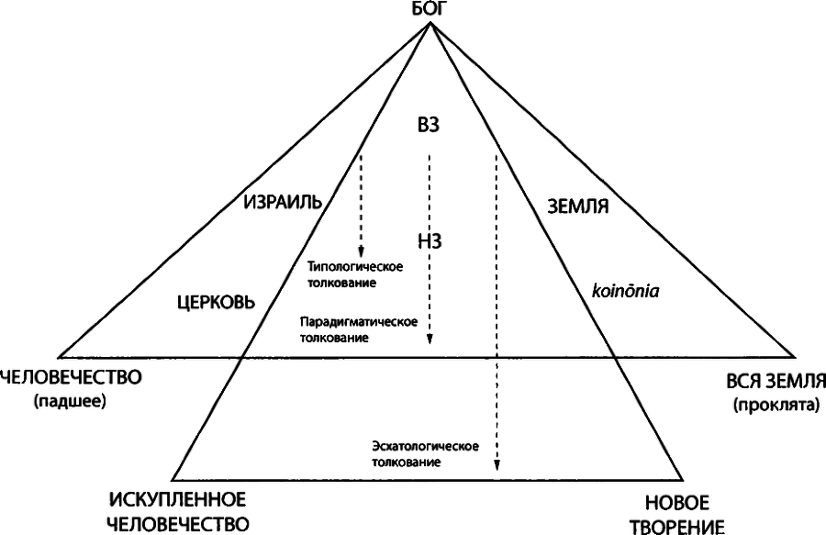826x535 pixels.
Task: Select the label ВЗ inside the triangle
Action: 428,126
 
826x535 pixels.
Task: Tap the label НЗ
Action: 430,240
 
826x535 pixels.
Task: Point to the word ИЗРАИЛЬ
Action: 283,201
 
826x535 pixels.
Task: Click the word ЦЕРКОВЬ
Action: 216,302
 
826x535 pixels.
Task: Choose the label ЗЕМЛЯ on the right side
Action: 578,206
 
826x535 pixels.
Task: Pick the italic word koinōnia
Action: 625,291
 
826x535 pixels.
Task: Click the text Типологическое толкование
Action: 355,274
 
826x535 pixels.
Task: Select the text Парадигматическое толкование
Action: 359,329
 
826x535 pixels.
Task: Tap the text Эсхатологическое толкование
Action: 425,454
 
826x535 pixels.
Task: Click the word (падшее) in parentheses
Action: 70,401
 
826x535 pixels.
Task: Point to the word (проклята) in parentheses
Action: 777,405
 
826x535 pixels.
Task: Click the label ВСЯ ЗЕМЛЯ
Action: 776,381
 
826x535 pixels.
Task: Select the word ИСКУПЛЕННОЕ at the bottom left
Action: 177,498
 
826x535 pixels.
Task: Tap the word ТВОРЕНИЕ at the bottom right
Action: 677,527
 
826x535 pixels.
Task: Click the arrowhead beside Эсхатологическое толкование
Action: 497,464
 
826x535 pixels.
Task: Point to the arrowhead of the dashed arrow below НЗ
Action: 430,339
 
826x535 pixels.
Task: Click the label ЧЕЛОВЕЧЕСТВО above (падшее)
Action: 71,377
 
